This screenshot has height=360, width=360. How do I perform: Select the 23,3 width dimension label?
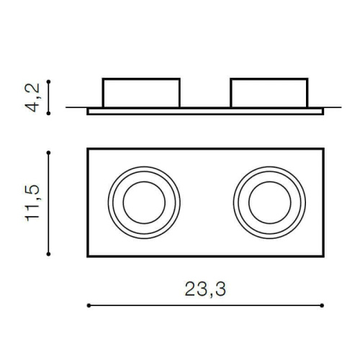pos(204,288)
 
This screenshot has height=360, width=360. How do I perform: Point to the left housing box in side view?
pos(141,92)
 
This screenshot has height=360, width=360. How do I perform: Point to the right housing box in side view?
pos(267,92)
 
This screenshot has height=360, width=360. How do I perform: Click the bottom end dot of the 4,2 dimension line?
pos(48,113)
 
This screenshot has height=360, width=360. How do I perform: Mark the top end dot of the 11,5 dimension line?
pos(48,152)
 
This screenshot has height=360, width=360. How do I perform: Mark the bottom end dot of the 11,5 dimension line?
pos(48,253)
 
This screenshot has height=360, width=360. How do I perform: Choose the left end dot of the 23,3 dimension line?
pos(88,305)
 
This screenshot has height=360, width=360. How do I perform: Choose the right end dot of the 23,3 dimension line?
pos(323,305)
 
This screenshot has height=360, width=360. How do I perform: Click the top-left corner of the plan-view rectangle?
pos(88,149)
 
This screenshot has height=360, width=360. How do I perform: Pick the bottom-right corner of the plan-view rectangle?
pos(323,256)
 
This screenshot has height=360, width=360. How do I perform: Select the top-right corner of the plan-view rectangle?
pos(323,149)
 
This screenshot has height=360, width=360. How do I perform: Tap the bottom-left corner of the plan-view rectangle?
pos(88,256)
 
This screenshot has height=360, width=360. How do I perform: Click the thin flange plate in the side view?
pos(205,112)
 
